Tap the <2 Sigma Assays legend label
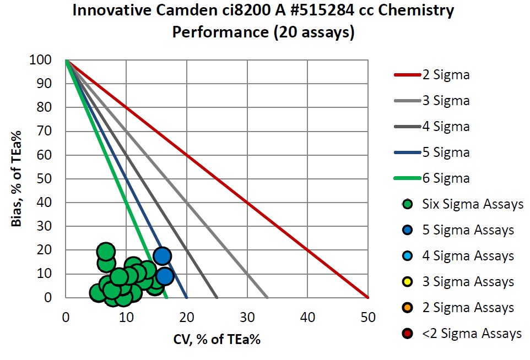pyautogui.click(x=472, y=334)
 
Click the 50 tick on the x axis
pyautogui.click(x=368, y=318)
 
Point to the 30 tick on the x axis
pyautogui.click(x=247, y=318)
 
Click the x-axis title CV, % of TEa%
pyautogui.click(x=217, y=339)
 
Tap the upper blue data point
pyautogui.click(x=162, y=256)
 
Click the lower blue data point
pyautogui.click(x=164, y=276)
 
